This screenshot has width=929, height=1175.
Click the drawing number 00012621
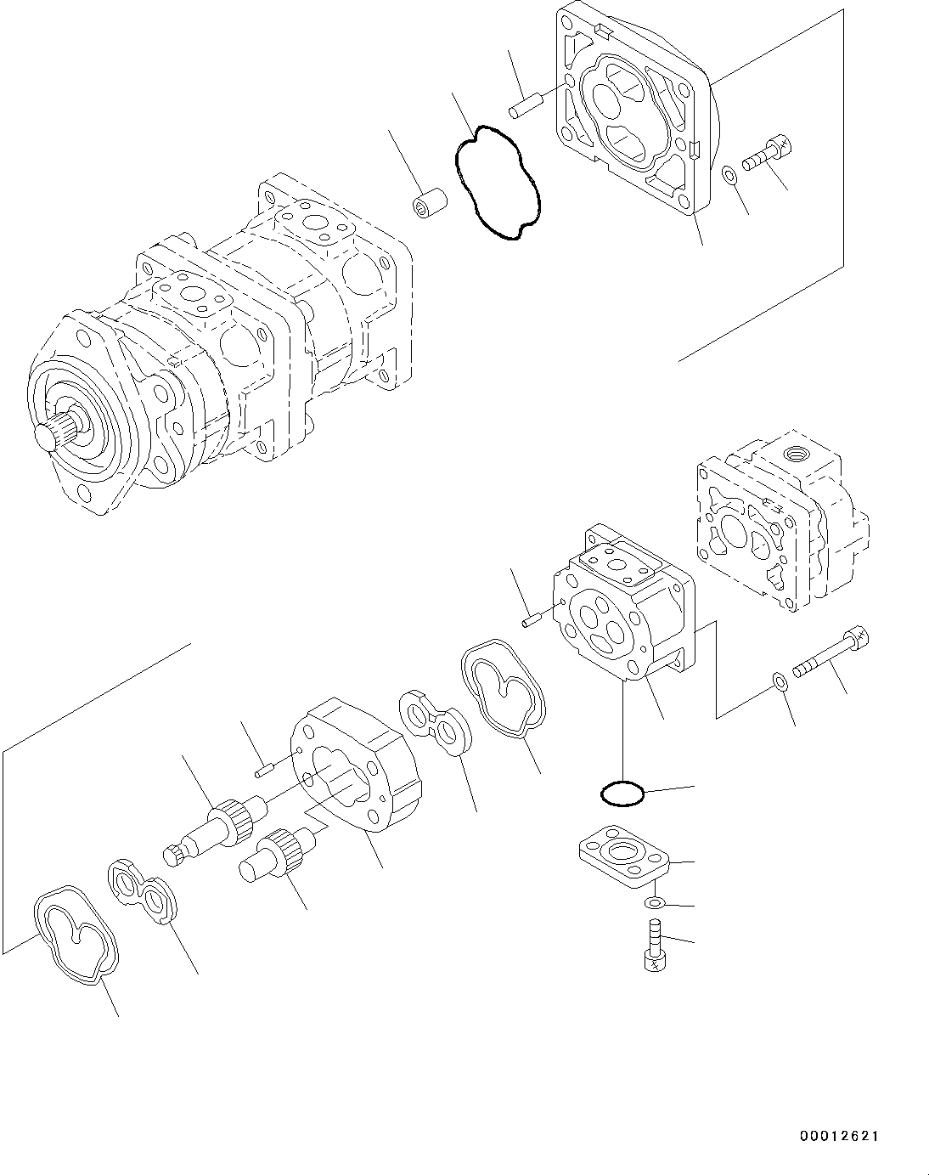[x=838, y=1135]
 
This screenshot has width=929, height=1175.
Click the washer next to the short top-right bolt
[x=729, y=175]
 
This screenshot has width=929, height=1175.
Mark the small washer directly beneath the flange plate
[x=655, y=902]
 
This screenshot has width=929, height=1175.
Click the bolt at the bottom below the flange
[x=653, y=945]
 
